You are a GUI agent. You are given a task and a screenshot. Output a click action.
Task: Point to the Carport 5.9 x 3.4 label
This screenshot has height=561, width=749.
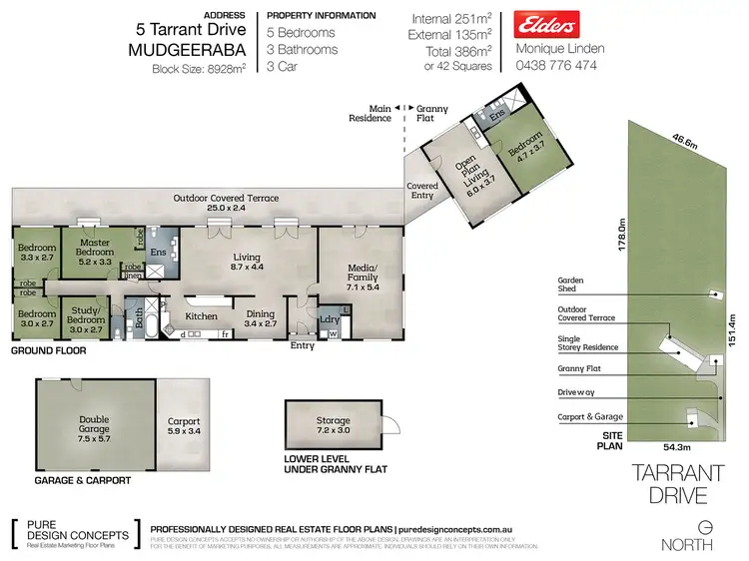[x=185, y=427]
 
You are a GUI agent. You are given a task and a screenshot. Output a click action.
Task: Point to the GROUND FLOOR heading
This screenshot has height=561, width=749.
[x=48, y=351]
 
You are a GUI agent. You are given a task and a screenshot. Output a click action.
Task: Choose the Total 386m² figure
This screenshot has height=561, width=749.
[x=453, y=50]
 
